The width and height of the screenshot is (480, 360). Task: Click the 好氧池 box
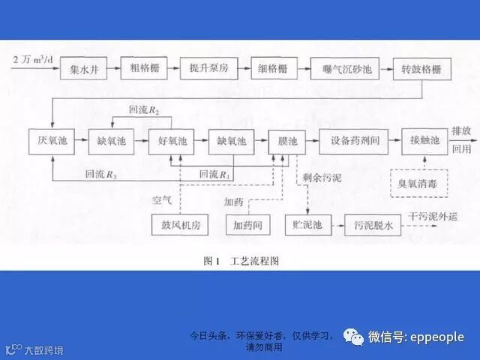(x=172, y=140)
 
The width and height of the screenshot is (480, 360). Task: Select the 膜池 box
(x=288, y=140)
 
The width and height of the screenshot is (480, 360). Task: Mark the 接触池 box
(x=423, y=140)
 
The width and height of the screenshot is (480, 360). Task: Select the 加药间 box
(x=246, y=223)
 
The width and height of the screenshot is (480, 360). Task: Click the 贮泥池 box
(x=308, y=223)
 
